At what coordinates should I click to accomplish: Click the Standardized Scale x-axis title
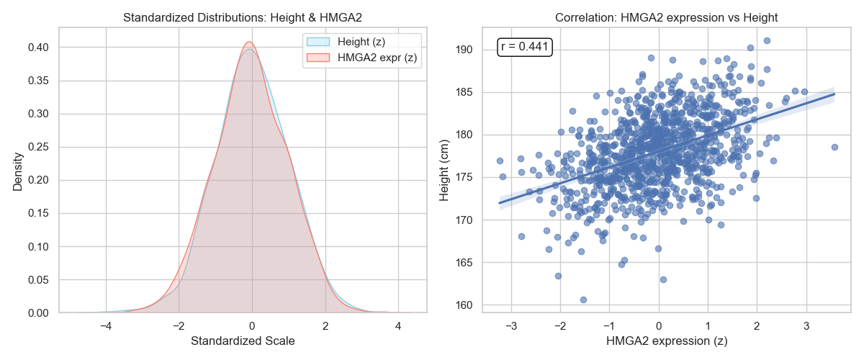coord(243,341)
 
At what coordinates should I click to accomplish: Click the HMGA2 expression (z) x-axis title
coord(658,341)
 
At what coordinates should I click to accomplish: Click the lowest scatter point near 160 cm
coord(583,300)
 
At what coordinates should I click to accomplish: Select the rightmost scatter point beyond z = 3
coord(834,147)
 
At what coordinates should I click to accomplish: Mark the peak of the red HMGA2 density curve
coord(248,42)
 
